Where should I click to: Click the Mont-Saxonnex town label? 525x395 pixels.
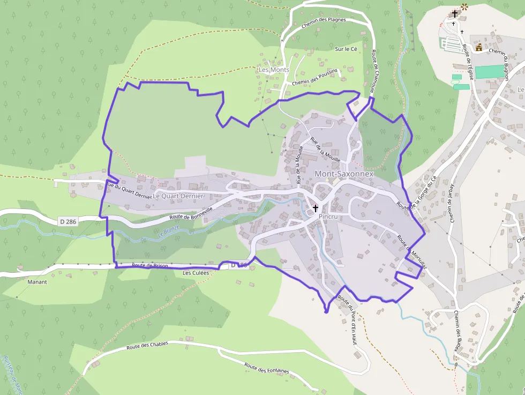pyautogui.click(x=343, y=174)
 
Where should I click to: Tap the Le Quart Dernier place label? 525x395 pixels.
pyautogui.click(x=178, y=196)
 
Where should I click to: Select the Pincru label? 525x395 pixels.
pyautogui.click(x=328, y=216)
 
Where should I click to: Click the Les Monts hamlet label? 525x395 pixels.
pyautogui.click(x=274, y=70)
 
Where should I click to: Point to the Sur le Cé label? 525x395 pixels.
pyautogui.click(x=346, y=49)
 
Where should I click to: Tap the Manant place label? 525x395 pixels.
pyautogui.click(x=37, y=281)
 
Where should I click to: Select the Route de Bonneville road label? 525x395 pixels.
pyautogui.click(x=191, y=213)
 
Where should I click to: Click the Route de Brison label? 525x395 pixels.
pyautogui.click(x=150, y=265)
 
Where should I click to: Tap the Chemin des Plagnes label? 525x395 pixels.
pyautogui.click(x=324, y=20)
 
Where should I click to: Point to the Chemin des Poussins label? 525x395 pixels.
pyautogui.click(x=315, y=77)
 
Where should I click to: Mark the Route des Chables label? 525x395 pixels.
pyautogui.click(x=147, y=346)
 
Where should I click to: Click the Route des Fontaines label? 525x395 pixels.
pyautogui.click(x=266, y=368)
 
